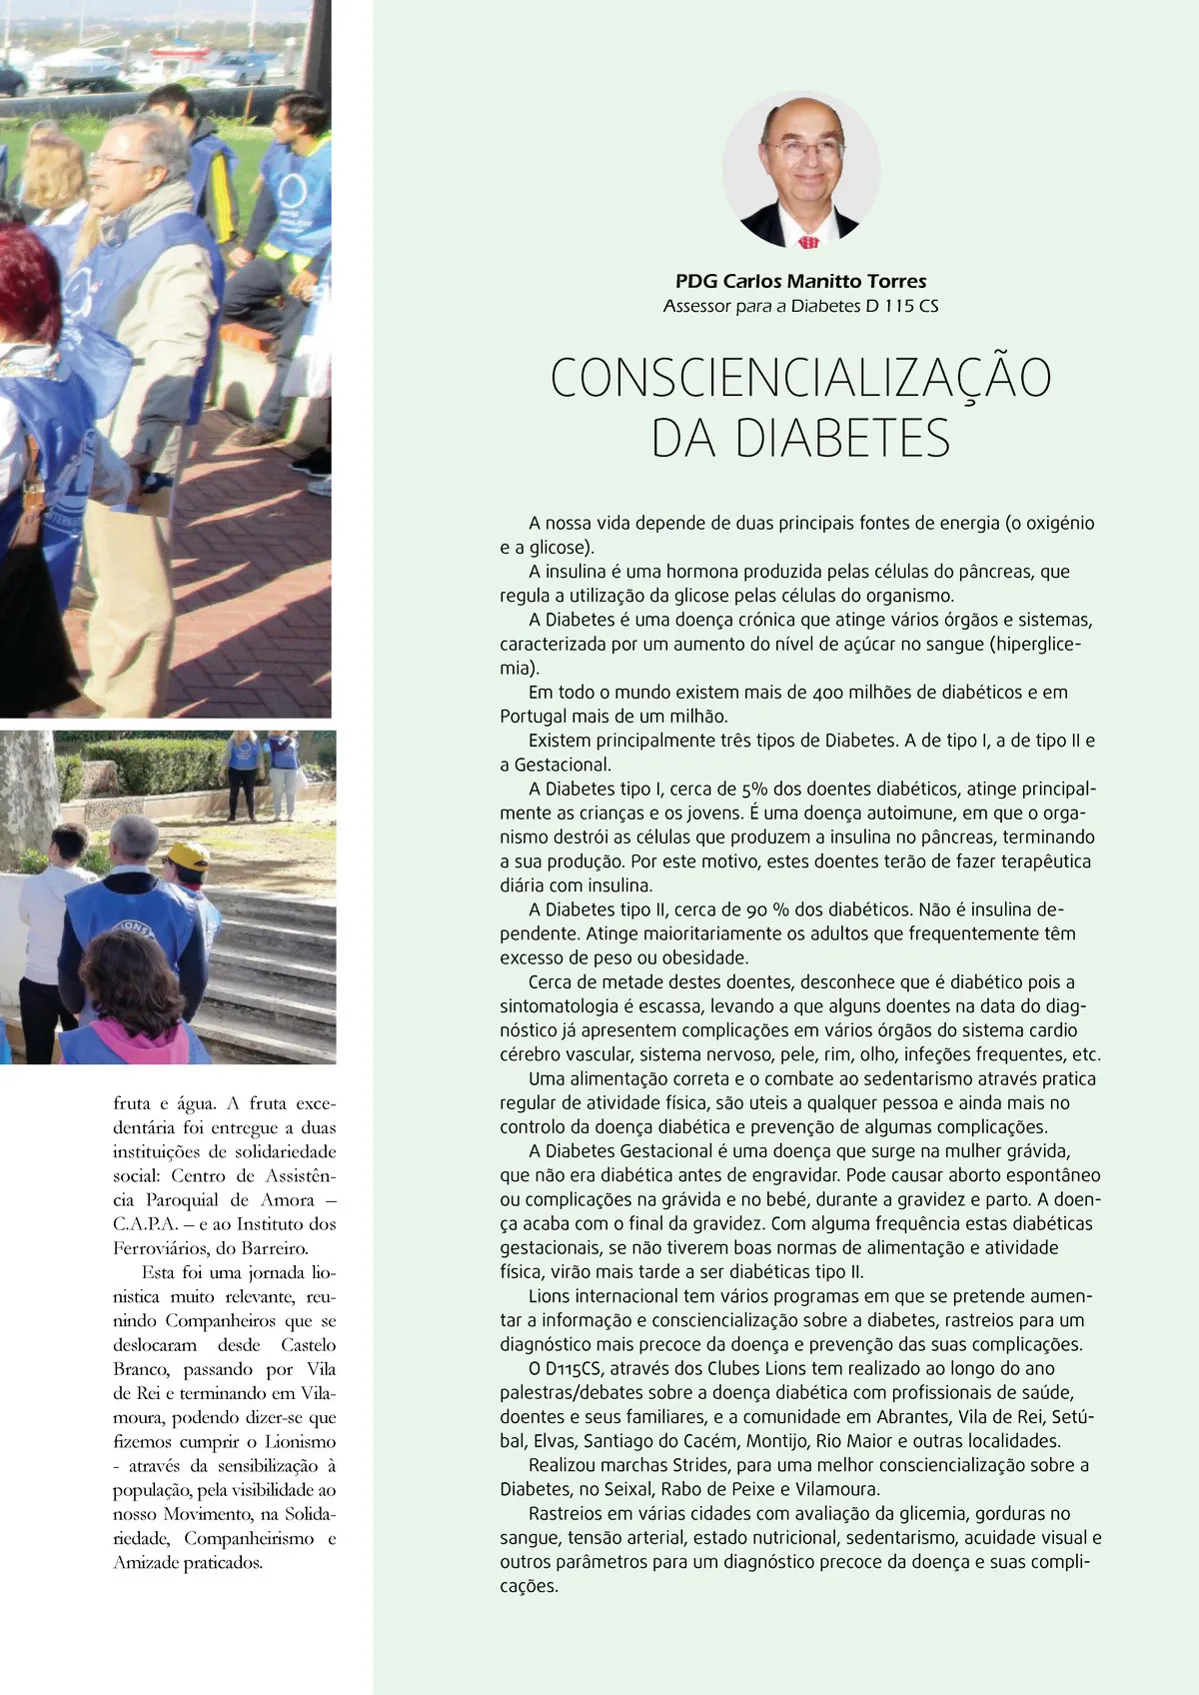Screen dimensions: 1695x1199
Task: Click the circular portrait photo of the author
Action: tap(801, 170)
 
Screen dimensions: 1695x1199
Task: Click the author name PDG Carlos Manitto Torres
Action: tap(800, 282)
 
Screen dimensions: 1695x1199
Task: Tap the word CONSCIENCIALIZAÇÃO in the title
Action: tap(800, 378)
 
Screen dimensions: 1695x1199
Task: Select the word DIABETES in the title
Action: tap(842, 439)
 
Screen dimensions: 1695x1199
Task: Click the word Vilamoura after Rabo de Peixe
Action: tap(836, 1490)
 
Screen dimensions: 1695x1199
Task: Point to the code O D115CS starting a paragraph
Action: tap(565, 1369)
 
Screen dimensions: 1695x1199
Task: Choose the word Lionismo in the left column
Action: tap(300, 1442)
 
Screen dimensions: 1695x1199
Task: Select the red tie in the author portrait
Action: tap(808, 242)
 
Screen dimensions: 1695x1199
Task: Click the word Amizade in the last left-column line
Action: tap(147, 1563)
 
